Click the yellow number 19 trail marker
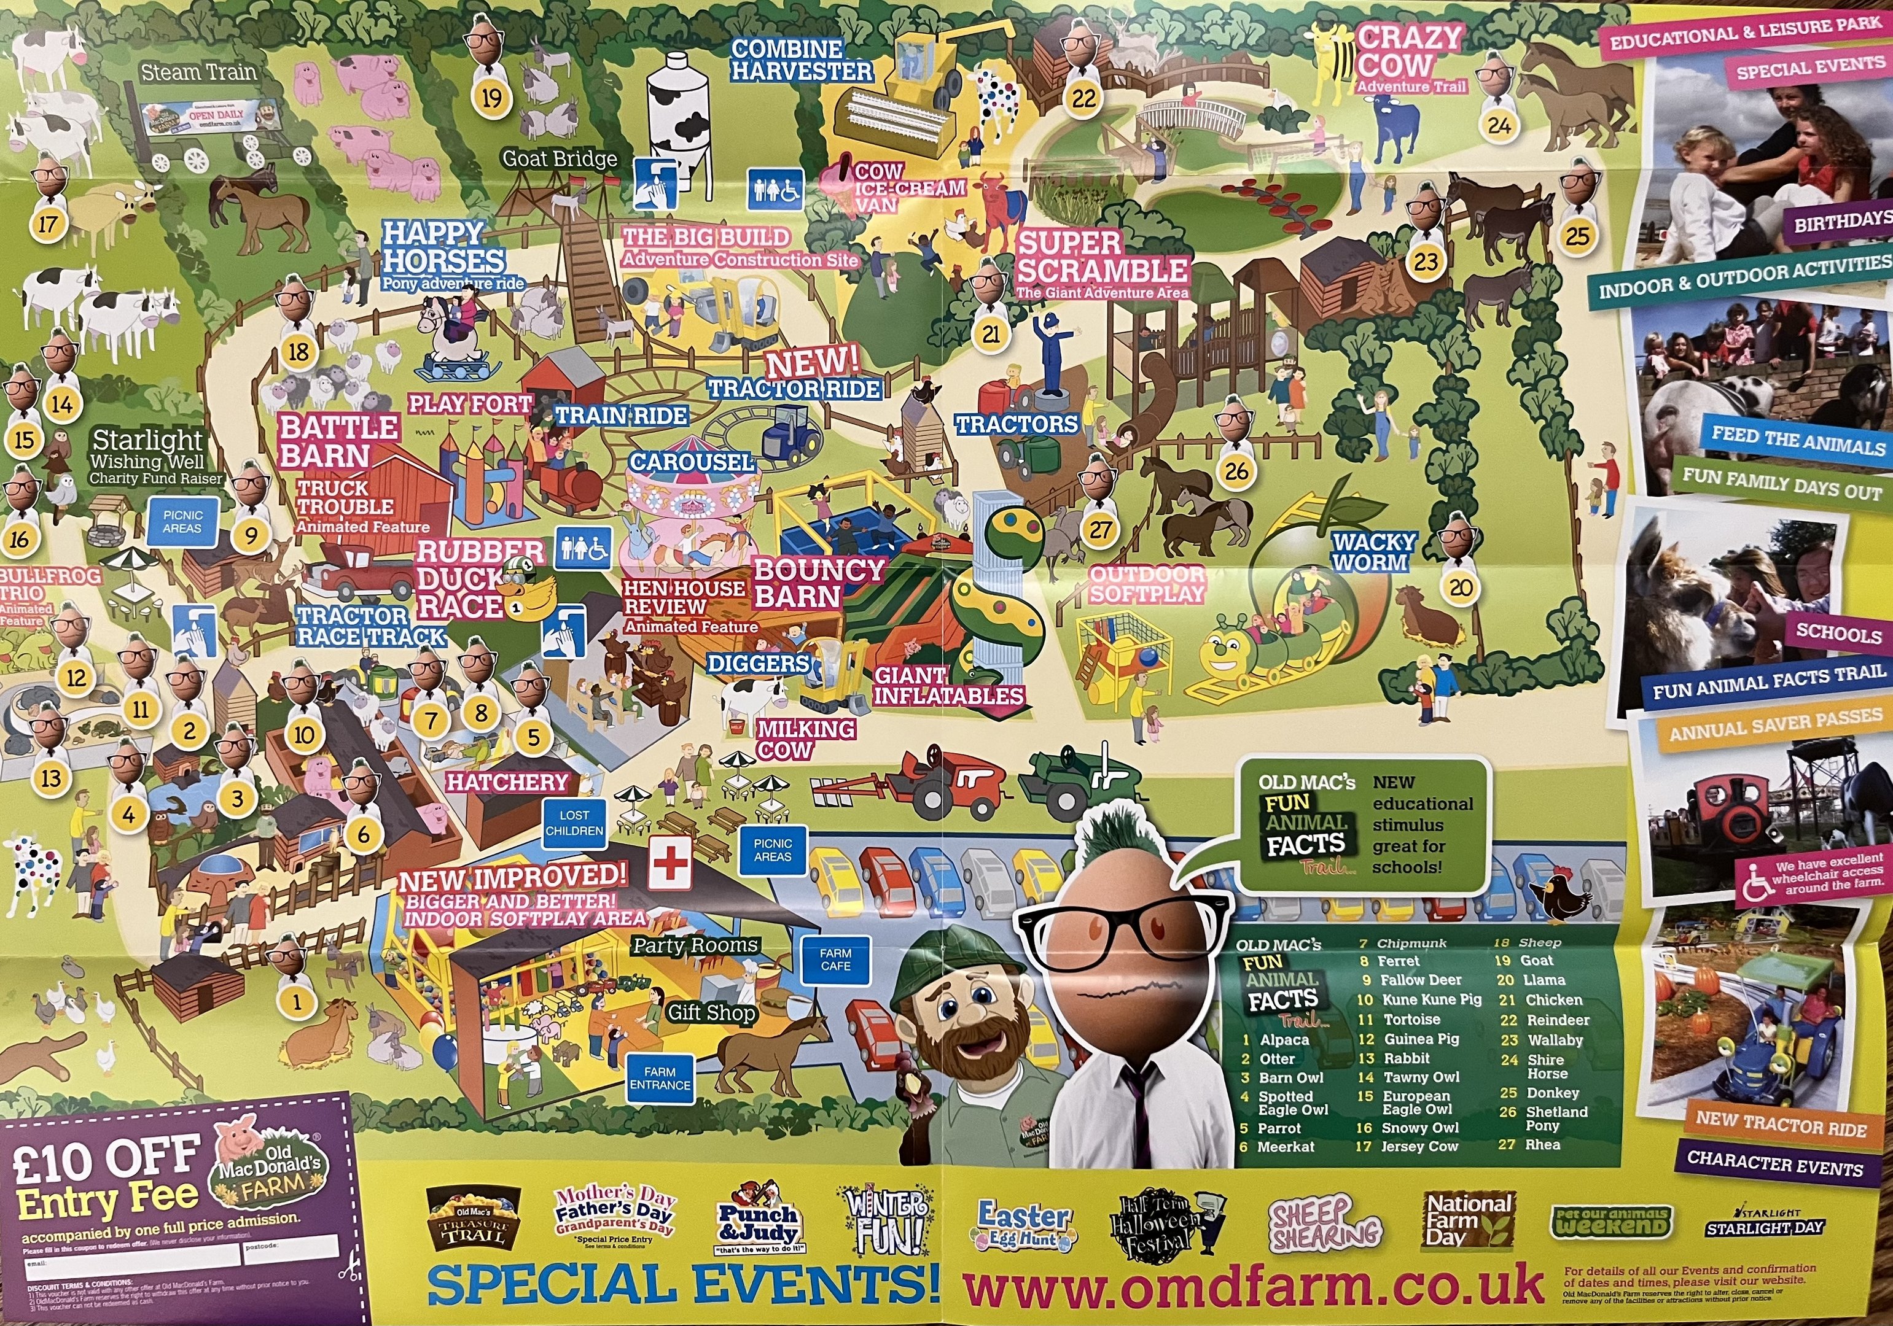click(491, 98)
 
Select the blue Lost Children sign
click(575, 823)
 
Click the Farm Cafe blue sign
click(835, 960)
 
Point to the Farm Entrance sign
click(660, 1078)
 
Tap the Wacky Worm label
click(1373, 551)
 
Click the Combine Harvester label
click(800, 60)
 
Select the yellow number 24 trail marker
click(1499, 125)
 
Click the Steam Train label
click(199, 72)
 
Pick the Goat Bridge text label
click(559, 158)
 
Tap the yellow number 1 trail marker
click(298, 1002)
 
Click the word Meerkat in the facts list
click(1286, 1146)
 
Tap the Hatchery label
click(507, 781)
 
